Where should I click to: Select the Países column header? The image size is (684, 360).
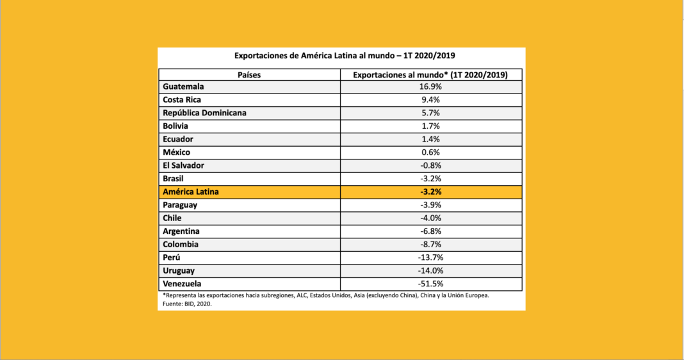point(249,74)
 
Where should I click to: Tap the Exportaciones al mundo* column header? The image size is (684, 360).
point(430,74)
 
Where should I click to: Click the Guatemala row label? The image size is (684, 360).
point(183,86)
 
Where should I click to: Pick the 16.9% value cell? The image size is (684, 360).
point(430,86)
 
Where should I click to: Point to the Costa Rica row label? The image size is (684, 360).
point(182,100)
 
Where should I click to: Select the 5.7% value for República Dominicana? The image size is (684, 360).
point(430,113)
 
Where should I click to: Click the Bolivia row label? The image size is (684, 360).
point(175,126)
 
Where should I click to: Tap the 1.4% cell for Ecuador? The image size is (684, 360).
point(430,139)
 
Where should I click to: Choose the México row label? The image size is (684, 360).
point(176,152)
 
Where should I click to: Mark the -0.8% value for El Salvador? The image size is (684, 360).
point(430,165)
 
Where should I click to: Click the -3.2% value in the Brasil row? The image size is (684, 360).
point(430,179)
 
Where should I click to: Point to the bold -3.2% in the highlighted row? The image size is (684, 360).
point(430,192)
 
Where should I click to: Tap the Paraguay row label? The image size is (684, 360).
point(180,205)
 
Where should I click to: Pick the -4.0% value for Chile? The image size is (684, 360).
point(430,218)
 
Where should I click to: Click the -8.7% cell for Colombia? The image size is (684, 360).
point(430,244)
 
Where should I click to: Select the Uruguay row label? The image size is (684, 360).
point(179,270)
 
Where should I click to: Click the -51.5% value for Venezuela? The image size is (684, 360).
point(430,284)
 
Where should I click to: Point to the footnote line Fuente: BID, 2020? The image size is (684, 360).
point(187,304)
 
